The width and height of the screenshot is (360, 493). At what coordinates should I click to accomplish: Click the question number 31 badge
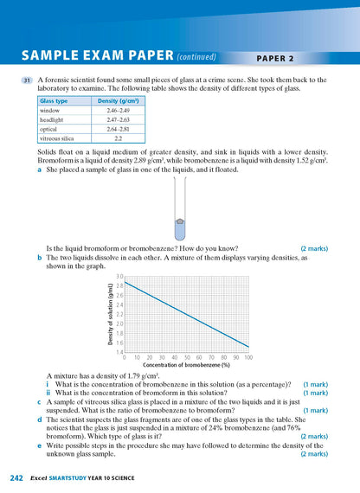28,80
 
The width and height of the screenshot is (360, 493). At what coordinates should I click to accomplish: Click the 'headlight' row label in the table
54,119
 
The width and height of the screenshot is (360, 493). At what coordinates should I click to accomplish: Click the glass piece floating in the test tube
179,222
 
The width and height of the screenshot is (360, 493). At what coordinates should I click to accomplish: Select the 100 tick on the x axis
248,356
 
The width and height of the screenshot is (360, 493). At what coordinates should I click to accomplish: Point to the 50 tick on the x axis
187,356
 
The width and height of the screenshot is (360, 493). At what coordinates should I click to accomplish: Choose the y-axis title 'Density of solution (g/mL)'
111,314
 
